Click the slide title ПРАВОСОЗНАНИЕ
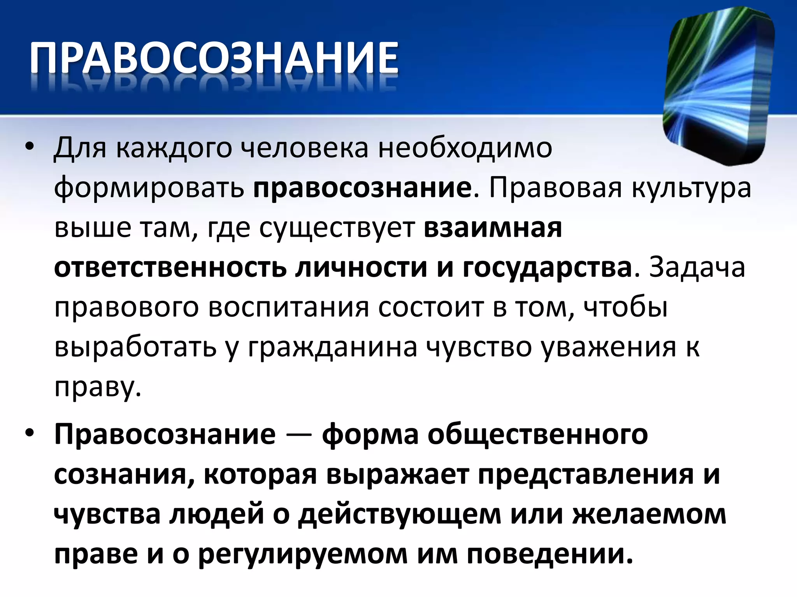(x=214, y=58)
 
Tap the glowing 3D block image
(x=718, y=86)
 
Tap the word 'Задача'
(x=697, y=268)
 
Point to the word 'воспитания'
(x=288, y=308)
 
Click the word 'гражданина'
(x=333, y=348)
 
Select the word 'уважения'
(x=609, y=348)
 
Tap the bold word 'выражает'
(x=397, y=475)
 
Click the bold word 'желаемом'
(x=650, y=515)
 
